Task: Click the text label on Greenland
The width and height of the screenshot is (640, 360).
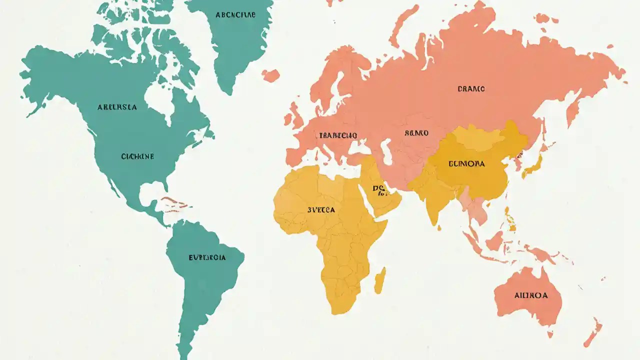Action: [235, 15]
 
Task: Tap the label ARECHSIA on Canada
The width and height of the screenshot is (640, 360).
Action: [117, 107]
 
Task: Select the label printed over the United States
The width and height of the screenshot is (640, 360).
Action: [137, 156]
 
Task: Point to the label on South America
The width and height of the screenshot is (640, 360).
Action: [207, 257]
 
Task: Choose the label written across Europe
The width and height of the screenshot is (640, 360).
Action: [338, 135]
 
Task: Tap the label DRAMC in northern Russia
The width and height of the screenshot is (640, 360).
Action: [471, 89]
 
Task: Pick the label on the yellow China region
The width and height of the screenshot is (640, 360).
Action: [466, 163]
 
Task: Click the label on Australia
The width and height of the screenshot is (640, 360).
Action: [530, 295]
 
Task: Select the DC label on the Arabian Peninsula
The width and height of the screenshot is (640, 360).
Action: [378, 188]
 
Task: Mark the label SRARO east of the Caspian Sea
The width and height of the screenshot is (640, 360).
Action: [416, 133]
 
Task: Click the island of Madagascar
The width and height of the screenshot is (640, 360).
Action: [380, 280]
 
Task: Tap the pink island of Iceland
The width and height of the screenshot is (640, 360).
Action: [270, 75]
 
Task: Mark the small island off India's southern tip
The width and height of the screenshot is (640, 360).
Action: [439, 227]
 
